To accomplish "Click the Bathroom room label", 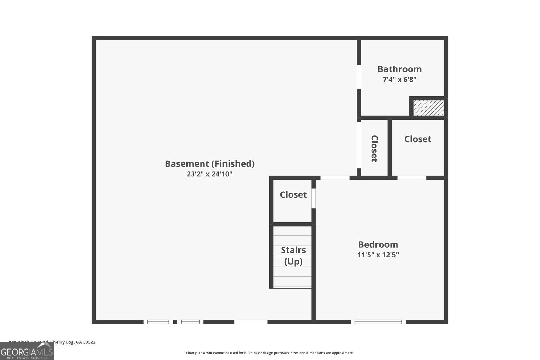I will pos(399,69).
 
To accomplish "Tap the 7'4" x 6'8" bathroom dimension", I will pos(399,80).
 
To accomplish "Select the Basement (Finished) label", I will pos(210,164).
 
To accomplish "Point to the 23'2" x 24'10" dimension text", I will pos(210,174).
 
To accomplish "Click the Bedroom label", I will pos(378,244).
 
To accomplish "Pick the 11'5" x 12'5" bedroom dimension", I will pos(378,255).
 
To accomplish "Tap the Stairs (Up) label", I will pos(293,256).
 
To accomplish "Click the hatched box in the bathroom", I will pos(428,108).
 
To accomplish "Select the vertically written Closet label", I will pos(374,148).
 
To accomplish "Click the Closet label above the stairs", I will pos(293,195).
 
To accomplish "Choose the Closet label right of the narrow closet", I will pos(418,139).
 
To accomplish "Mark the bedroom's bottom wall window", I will pos(378,322).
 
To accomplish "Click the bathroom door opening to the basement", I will pos(359,76).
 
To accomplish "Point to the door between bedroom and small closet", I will pos(314,198).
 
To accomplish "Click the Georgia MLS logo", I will pos(27,351).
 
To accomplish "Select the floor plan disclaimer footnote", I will pos(270,353).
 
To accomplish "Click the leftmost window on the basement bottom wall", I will pos(158,322).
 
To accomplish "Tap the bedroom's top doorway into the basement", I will pos(335,178).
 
